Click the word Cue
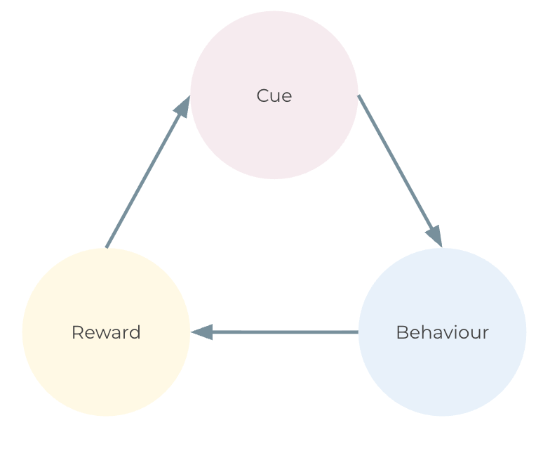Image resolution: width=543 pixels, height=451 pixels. pos(274,96)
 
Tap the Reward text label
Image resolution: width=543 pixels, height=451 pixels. pos(106,332)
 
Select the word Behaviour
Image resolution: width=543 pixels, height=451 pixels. pos(442,332)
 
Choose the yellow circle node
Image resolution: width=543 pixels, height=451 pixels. pos(106,372)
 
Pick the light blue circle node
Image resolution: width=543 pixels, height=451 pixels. pos(442,372)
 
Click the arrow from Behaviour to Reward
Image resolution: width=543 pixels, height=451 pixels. pos(281,332)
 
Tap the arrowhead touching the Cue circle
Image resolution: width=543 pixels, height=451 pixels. pos(183,107)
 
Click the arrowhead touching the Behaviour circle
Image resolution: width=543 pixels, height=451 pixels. pos(434,235)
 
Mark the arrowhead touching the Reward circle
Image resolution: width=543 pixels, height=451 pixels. pos(202,332)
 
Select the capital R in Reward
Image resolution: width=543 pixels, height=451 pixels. pos(76,332)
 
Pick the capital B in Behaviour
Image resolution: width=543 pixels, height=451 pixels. pos(401,332)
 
